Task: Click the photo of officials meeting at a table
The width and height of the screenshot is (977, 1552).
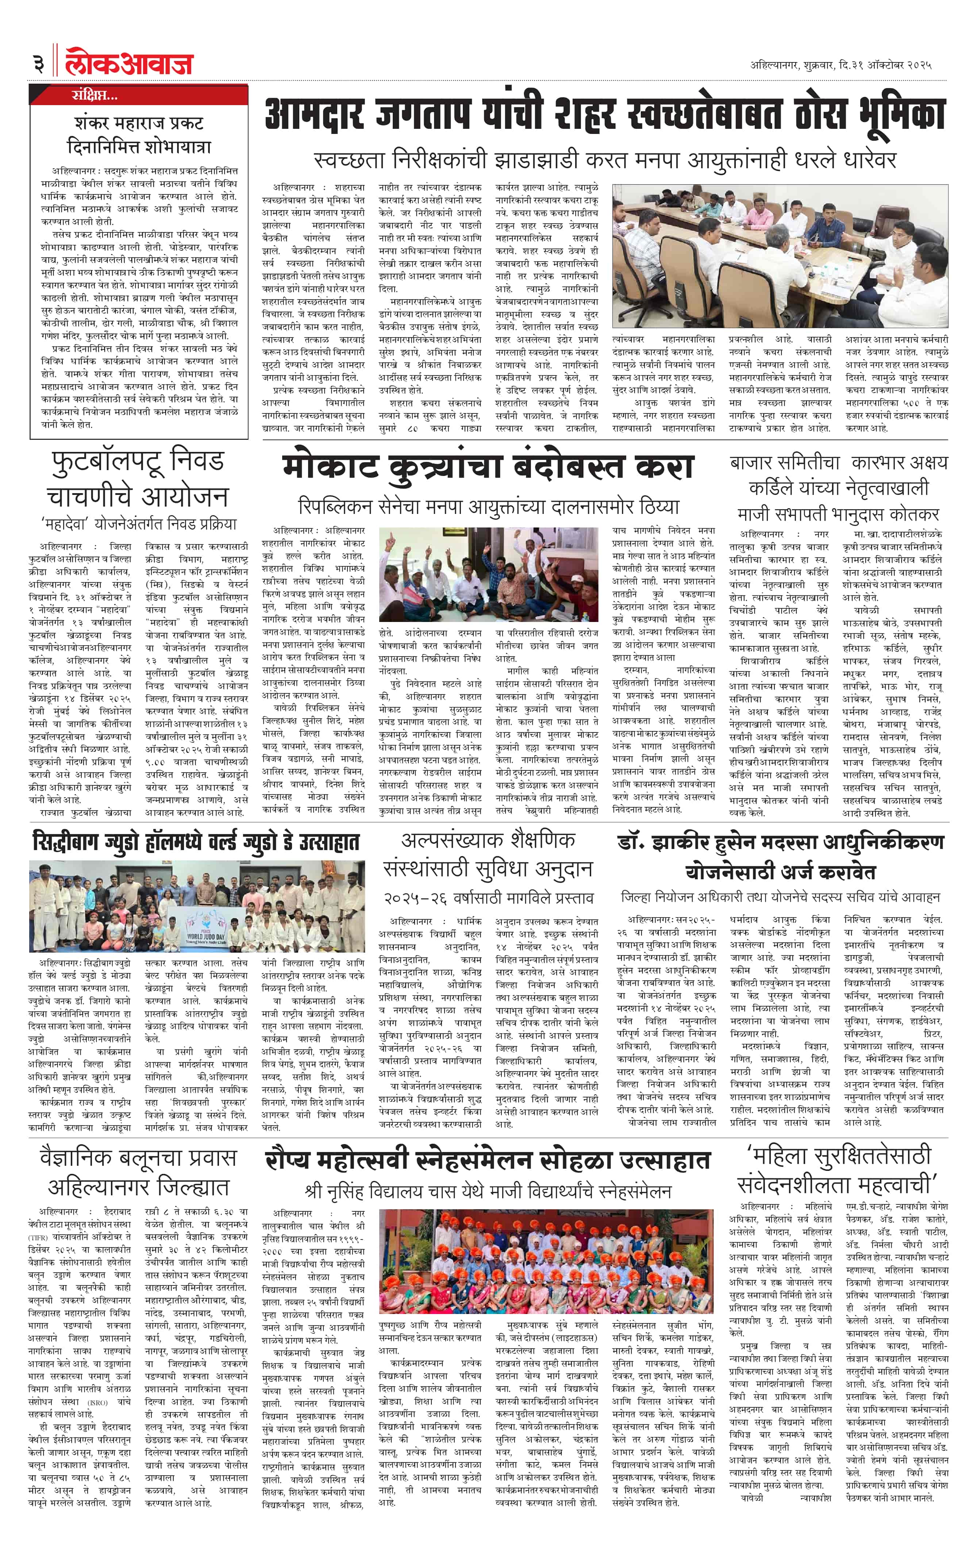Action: [x=780, y=256]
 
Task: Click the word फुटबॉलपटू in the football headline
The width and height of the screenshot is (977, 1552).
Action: [x=105, y=461]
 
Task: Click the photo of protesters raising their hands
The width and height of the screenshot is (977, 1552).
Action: [x=488, y=574]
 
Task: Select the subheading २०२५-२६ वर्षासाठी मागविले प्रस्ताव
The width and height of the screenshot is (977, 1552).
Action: [x=488, y=897]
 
